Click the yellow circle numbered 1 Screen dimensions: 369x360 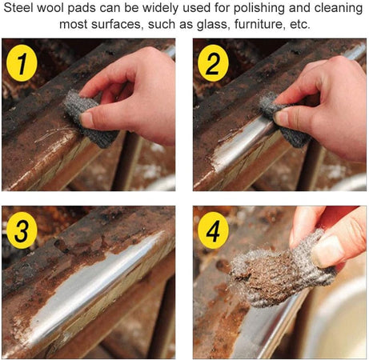tap(22, 63)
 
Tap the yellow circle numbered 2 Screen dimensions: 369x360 tap(213, 63)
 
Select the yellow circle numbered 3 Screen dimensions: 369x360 tap(22, 230)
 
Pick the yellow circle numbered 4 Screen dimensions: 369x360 tap(213, 230)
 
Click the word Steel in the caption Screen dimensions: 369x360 tap(18, 8)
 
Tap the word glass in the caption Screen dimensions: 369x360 tap(213, 25)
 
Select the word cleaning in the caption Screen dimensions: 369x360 tap(339, 9)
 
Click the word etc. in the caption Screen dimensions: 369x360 tap(300, 25)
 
